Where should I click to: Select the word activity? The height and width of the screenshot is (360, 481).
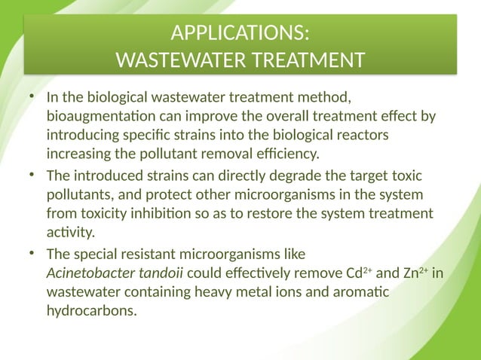[x=70, y=232]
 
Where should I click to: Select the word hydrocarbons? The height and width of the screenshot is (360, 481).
[x=92, y=310]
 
